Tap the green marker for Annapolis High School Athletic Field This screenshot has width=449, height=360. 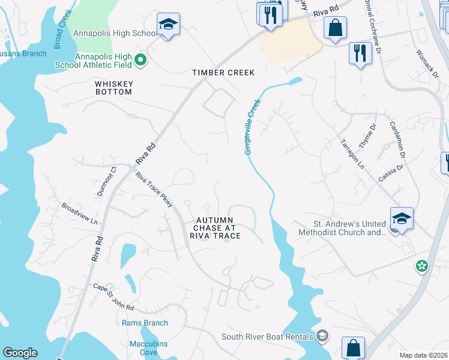(x=140, y=59)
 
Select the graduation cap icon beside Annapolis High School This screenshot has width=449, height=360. (x=168, y=25)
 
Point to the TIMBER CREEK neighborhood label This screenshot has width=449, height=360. (x=223, y=73)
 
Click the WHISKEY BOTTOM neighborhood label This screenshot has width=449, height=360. (x=113, y=88)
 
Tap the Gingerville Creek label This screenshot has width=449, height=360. (x=252, y=128)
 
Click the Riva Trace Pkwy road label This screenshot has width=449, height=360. (x=154, y=190)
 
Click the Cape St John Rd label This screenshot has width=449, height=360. (x=113, y=298)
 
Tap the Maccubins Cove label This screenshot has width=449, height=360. (x=143, y=348)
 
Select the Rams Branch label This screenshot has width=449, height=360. (x=145, y=323)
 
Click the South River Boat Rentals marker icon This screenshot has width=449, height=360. (x=323, y=335)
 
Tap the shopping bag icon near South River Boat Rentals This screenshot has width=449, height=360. (x=354, y=347)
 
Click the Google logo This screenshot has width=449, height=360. (x=20, y=353)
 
